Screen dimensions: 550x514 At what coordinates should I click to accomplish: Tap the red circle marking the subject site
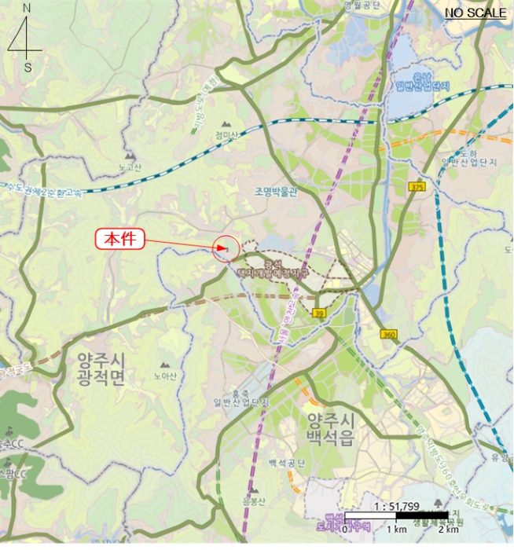click(226, 248)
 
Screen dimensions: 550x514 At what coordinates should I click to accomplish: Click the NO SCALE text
click(475, 13)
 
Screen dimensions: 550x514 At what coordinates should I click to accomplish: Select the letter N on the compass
click(27, 8)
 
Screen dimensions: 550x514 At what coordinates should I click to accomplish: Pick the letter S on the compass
click(28, 68)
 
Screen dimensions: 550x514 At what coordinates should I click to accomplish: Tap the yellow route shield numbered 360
click(388, 335)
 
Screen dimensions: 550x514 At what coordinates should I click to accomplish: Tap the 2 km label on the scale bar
click(448, 529)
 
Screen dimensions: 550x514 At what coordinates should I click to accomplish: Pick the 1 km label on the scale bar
click(395, 529)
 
